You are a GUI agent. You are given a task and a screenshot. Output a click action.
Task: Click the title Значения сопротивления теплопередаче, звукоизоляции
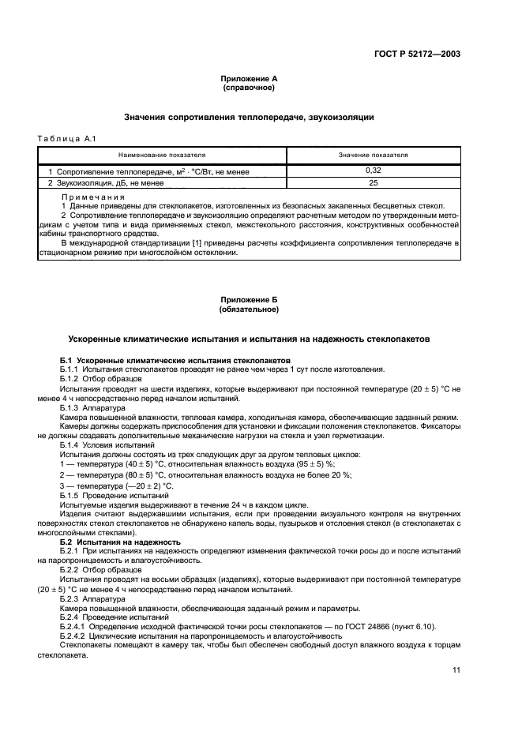point(249,118)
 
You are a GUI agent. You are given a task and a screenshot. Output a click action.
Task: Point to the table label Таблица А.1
point(66,140)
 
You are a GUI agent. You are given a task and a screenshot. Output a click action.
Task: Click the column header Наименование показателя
point(162,156)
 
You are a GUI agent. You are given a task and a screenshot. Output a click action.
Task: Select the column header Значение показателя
point(374,156)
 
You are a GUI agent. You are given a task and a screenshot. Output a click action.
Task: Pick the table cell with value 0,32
point(374,171)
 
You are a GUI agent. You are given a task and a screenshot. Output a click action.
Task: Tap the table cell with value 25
point(374,182)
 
